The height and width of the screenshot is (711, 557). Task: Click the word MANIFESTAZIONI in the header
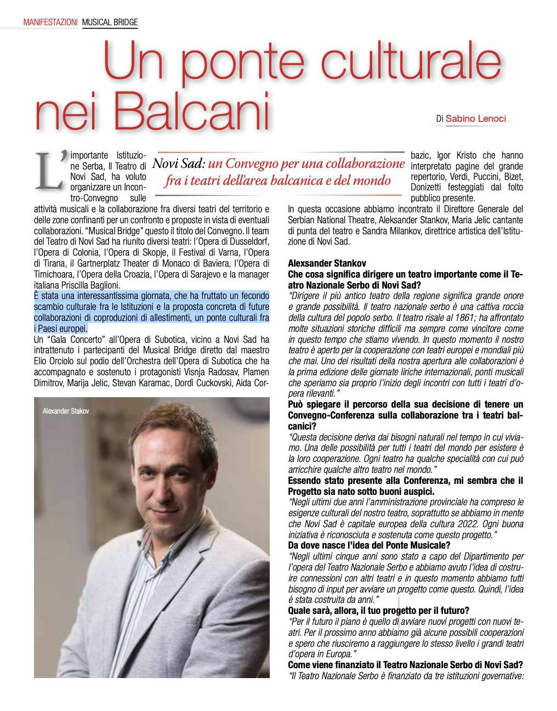pos(50,22)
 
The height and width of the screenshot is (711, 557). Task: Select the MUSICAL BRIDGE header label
pos(110,22)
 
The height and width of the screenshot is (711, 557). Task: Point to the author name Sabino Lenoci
pos(475,119)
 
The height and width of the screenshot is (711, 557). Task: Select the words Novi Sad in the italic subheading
pos(178,163)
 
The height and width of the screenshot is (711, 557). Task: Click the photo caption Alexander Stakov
pos(66,411)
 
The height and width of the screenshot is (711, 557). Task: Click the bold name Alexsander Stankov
pos(327,263)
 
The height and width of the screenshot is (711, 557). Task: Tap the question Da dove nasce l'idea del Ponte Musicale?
pos(369,545)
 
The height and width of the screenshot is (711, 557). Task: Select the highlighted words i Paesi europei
pos(60,329)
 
